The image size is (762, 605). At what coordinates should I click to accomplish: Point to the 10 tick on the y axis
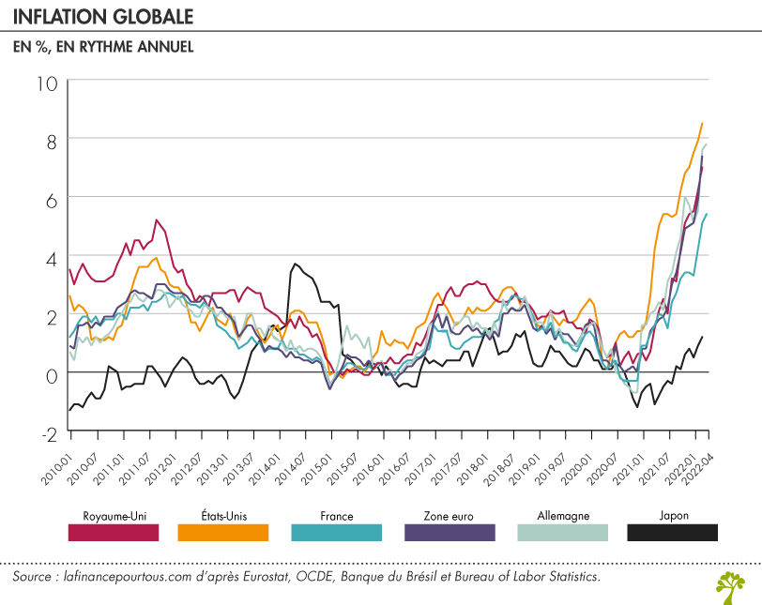(x=48, y=82)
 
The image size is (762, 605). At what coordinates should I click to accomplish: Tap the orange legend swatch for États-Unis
(x=223, y=533)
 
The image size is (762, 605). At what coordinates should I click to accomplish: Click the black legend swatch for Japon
(x=672, y=533)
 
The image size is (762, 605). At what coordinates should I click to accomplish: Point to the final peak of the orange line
(x=702, y=124)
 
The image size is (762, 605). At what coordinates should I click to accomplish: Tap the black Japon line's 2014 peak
(x=296, y=265)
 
